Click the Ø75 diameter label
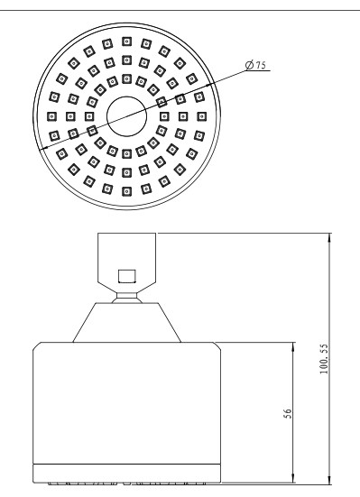[255, 65]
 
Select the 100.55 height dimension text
[324, 359]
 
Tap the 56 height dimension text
[288, 413]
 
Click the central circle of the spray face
[127, 116]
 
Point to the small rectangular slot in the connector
[127, 276]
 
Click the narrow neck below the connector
[127, 296]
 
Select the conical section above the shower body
[127, 322]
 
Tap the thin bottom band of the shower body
[127, 474]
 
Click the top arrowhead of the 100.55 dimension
[329, 238]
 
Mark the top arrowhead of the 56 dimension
[292, 346]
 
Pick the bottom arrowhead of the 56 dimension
[292, 479]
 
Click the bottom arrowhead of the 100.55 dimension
[329, 480]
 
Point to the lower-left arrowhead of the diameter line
[43, 147]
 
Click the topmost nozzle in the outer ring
[127, 41]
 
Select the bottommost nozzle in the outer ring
[127, 191]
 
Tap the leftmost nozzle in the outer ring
[52, 116]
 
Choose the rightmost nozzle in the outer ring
[202, 116]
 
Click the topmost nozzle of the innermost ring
[127, 78]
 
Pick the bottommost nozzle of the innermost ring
[127, 154]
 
